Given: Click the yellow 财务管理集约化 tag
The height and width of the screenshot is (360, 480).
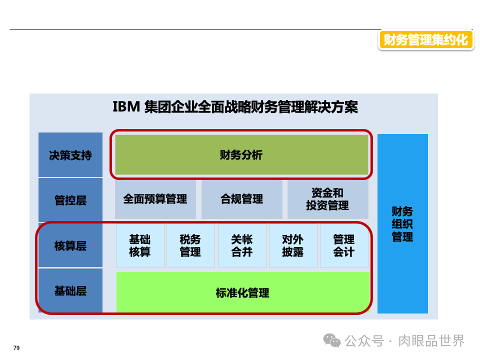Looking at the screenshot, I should (425, 39).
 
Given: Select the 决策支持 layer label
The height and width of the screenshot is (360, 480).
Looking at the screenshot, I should (70, 155).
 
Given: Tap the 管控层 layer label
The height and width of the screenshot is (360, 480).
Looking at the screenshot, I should (70, 200).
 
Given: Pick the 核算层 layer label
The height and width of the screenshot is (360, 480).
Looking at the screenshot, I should (70, 245).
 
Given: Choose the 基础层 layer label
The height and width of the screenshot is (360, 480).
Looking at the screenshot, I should (70, 290).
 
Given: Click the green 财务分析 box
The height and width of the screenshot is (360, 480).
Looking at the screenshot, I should (241, 155).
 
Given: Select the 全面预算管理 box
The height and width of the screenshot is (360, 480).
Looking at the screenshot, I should (155, 199).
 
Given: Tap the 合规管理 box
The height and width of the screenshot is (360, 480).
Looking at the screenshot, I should (241, 199).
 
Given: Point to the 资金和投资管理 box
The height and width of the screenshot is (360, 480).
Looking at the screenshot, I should (327, 199).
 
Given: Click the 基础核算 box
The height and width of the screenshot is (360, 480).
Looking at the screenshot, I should (140, 245).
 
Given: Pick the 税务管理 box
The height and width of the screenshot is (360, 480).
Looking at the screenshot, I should (190, 245).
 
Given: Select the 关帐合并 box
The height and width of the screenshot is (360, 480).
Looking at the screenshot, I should (242, 245).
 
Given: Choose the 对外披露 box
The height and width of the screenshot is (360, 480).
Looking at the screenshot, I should (293, 245).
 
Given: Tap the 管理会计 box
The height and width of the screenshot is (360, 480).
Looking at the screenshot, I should (344, 245).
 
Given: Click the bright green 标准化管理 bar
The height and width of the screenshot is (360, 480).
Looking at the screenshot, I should (242, 292).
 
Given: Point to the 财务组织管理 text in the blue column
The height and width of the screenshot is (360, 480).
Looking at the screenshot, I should (402, 223).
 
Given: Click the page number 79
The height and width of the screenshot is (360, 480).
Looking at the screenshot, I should (16, 348).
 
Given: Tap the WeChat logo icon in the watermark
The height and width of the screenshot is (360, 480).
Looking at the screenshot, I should (332, 340).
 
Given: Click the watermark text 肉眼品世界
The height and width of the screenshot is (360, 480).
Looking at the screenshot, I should (431, 341).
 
